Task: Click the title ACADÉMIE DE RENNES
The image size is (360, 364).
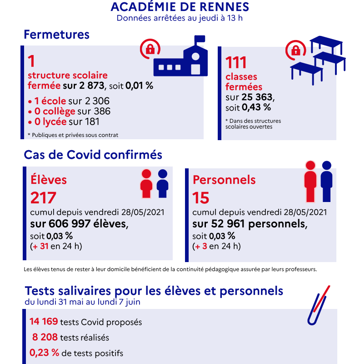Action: (x=180, y=7)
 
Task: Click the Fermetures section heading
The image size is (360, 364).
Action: (x=56, y=35)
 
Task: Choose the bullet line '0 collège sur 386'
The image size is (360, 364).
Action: (x=69, y=111)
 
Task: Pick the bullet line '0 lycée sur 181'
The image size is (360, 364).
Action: (x=64, y=121)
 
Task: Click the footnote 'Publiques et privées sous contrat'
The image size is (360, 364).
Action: (x=73, y=135)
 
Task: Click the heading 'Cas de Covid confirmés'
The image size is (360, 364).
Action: (x=93, y=155)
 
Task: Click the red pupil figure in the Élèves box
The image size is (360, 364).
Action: (x=146, y=184)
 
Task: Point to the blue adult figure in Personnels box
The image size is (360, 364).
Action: (x=326, y=181)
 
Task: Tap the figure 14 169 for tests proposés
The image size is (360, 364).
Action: (x=44, y=322)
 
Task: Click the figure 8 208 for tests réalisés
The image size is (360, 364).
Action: (x=45, y=337)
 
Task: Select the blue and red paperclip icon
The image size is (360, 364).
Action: (x=318, y=305)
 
